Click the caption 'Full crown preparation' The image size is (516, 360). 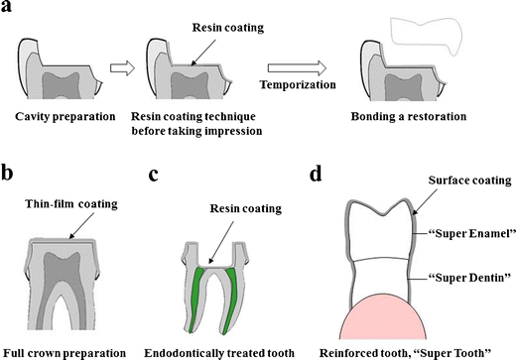[x=65, y=351]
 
